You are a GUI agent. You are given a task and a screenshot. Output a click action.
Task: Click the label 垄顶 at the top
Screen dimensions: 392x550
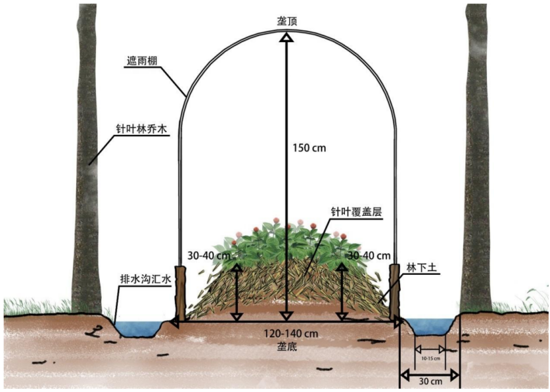pos(286,21)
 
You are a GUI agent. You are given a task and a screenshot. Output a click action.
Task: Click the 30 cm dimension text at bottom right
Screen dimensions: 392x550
pos(430,381)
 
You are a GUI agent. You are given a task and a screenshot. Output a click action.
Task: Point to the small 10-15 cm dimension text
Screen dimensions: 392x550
pos(430,358)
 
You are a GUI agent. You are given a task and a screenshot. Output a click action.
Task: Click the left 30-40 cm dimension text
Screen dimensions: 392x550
pos(210,255)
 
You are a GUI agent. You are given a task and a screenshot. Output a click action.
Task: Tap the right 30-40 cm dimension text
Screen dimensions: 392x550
pos(369,255)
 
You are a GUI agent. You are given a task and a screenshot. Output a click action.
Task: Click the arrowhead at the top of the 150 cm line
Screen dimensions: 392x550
pos(286,37)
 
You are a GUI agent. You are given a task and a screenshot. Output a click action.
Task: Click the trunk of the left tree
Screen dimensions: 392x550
pos(86,164)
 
